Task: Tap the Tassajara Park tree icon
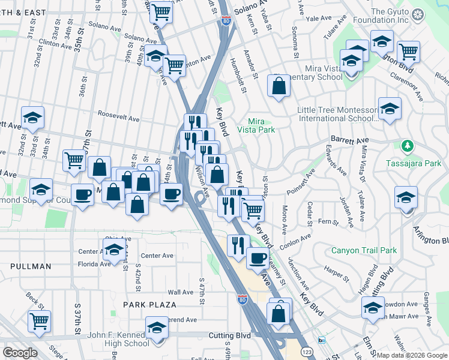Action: [408, 146]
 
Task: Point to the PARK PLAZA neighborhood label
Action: [149, 305]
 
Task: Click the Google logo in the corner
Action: [20, 352]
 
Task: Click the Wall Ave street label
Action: [180, 292]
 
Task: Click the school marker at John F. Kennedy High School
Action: [157, 328]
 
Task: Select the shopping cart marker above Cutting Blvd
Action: [40, 320]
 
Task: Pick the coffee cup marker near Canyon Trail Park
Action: [258, 259]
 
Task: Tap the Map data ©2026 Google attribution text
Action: [412, 355]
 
